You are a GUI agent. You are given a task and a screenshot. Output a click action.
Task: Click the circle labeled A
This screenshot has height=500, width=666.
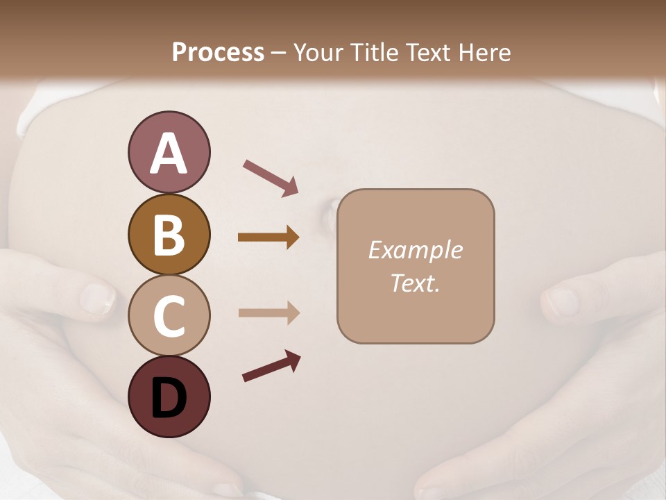tap(169, 153)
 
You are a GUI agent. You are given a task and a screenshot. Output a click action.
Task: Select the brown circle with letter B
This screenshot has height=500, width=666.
tap(169, 234)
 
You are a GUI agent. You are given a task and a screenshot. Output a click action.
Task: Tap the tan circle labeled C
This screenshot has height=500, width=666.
tap(169, 316)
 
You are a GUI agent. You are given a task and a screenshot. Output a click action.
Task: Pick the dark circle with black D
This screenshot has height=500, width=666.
tap(169, 397)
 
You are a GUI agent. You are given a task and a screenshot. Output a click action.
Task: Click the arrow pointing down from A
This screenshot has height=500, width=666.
tap(271, 177)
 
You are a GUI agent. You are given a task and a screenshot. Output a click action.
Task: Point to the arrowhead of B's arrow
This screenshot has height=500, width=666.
tap(292, 237)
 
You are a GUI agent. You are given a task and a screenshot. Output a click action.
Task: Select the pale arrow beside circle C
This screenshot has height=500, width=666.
tap(268, 313)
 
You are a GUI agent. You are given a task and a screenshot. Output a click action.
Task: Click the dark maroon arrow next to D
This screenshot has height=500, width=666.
tap(271, 367)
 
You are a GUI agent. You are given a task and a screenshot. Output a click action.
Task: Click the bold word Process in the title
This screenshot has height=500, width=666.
tap(218, 52)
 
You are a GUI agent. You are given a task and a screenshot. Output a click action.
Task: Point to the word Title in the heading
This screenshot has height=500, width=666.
tap(375, 52)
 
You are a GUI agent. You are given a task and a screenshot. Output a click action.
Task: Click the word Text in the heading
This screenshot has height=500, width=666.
tap(428, 52)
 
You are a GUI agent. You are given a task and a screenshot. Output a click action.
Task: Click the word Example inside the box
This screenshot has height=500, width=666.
tap(415, 250)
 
